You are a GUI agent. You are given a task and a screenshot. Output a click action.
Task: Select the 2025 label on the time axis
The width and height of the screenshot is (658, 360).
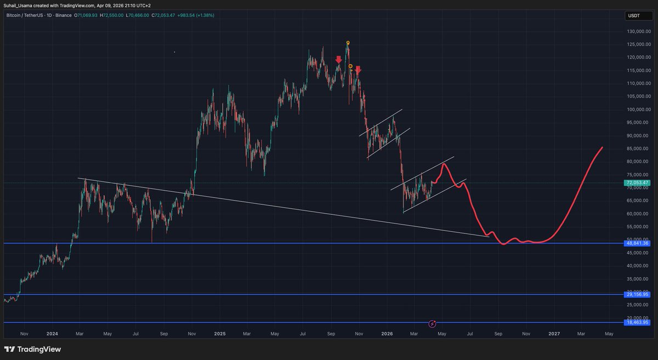tap(219, 333)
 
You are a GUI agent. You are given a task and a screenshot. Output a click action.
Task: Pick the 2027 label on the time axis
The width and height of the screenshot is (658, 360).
tap(554, 333)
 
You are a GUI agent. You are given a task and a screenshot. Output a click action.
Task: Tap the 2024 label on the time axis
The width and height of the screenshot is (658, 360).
tap(52, 333)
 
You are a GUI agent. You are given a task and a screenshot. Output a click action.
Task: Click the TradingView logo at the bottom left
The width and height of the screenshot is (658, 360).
tap(32, 349)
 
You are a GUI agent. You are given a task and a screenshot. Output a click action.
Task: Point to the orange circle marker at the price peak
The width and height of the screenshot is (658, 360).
tap(348, 43)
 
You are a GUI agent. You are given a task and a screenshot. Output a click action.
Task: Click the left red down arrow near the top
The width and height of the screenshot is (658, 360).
tap(339, 60)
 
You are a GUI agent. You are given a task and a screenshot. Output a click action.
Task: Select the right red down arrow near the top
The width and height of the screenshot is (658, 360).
tap(358, 70)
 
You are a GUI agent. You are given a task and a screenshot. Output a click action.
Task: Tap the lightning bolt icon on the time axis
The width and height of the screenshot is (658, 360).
tap(433, 323)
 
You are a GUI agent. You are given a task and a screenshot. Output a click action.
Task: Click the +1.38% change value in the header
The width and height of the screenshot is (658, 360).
tap(205, 15)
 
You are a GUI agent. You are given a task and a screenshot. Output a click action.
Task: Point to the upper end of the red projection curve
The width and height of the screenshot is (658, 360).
tap(603, 147)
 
